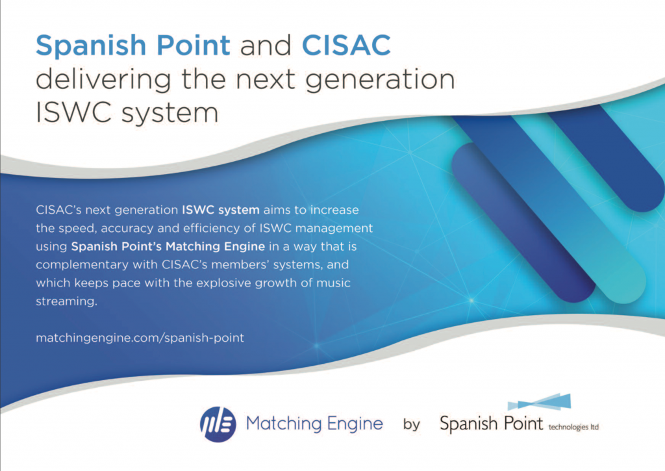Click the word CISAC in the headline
click(x=346, y=45)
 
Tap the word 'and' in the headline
click(x=266, y=45)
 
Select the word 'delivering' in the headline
click(x=103, y=79)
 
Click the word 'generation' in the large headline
click(x=381, y=79)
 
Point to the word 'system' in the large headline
click(x=169, y=113)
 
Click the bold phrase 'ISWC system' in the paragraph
click(x=221, y=210)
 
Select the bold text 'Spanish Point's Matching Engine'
click(x=168, y=246)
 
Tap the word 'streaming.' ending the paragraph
click(x=67, y=301)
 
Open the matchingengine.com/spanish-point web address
click(x=140, y=338)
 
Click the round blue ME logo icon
click(x=218, y=424)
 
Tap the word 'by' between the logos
click(x=411, y=424)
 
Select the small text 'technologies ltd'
click(x=573, y=427)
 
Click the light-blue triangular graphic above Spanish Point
click(x=540, y=401)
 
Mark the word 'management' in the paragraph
click(x=334, y=228)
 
